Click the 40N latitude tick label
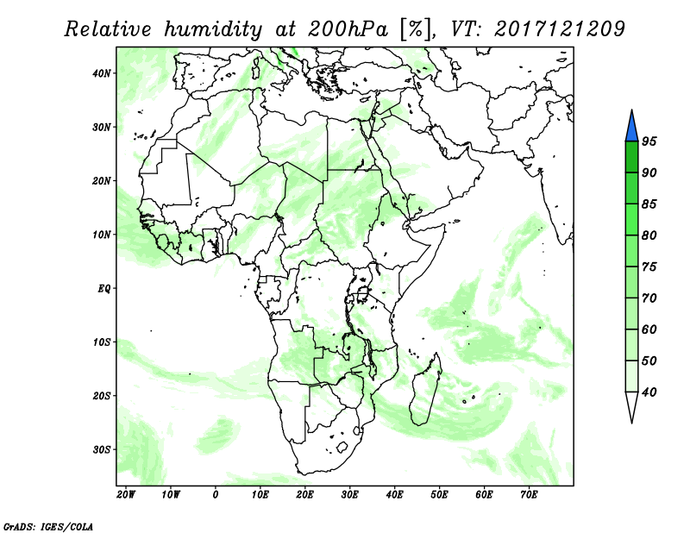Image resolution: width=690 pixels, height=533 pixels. (x=102, y=73)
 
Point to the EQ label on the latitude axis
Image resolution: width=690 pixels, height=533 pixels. (x=103, y=289)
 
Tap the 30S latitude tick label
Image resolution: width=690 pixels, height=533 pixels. (x=102, y=450)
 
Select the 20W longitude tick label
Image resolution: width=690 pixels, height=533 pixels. (x=126, y=495)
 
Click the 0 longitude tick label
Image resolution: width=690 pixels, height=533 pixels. (x=215, y=495)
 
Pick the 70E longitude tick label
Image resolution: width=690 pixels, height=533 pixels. (x=529, y=495)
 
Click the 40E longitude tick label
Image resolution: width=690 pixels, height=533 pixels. (x=395, y=495)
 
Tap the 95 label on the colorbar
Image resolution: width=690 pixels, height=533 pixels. (x=649, y=141)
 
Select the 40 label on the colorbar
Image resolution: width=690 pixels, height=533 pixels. (x=649, y=392)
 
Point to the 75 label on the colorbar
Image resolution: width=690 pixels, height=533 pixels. (x=649, y=266)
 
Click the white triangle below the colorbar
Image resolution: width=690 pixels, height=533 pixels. (x=631, y=406)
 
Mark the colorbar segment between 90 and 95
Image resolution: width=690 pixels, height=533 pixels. (x=631, y=157)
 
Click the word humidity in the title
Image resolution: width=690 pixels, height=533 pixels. (x=213, y=29)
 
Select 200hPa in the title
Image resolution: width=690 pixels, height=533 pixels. (x=348, y=29)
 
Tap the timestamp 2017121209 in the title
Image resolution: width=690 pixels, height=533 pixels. (x=559, y=28)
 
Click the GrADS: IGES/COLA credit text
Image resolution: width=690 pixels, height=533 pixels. (x=48, y=527)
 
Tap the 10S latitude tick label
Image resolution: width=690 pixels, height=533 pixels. (x=102, y=342)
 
